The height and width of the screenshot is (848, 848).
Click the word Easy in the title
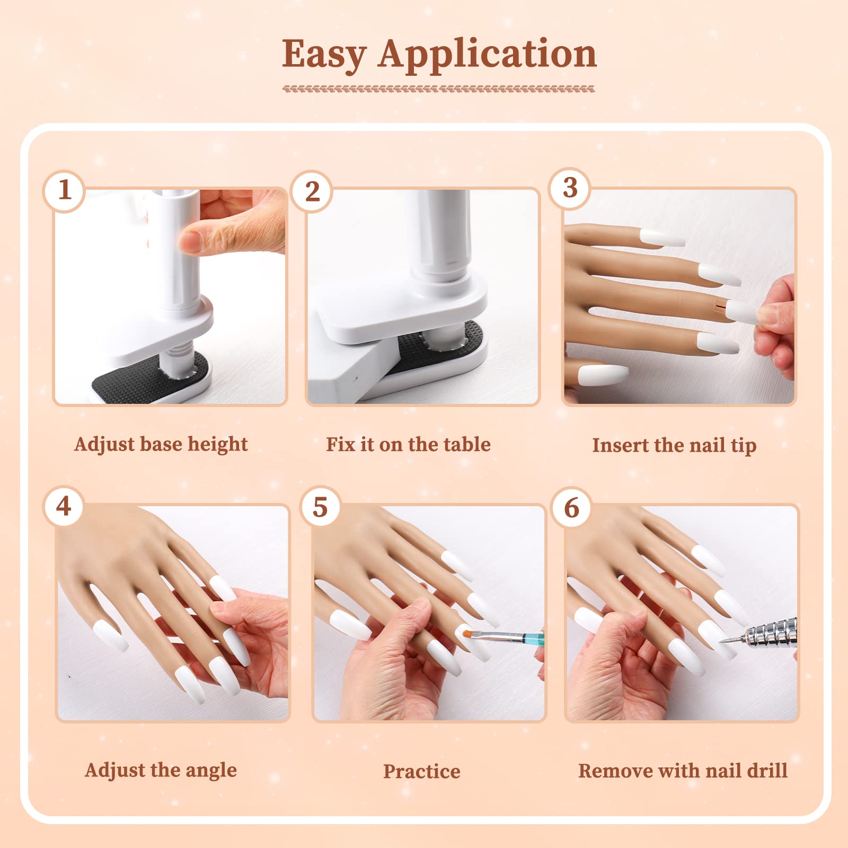(x=324, y=55)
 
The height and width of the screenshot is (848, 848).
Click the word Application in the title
(x=488, y=55)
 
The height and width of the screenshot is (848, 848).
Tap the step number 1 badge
(x=64, y=190)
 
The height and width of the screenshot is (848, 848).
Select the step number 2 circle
(x=312, y=191)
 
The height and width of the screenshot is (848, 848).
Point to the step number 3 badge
(x=570, y=188)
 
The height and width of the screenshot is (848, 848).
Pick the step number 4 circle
(x=64, y=506)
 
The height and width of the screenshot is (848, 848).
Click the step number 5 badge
(x=320, y=507)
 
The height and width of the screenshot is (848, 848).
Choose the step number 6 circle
(x=571, y=508)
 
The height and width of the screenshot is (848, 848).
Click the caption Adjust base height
(x=161, y=444)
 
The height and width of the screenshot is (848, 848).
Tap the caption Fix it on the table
(x=408, y=444)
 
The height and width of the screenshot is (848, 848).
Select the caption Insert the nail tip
(x=674, y=445)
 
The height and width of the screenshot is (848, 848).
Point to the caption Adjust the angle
(x=161, y=770)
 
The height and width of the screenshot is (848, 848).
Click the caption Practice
(x=422, y=771)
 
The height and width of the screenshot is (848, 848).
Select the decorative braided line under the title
(x=438, y=89)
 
